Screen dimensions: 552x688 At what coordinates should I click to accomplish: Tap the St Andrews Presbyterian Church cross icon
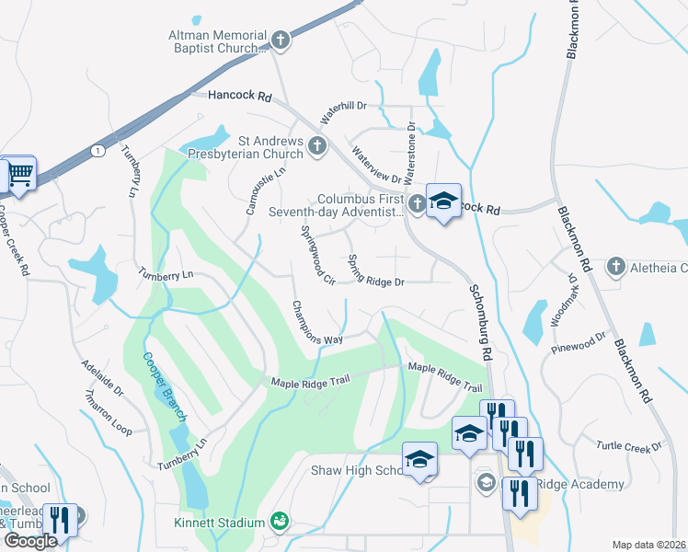[317, 145]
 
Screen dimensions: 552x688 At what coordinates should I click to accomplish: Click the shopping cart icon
[20, 174]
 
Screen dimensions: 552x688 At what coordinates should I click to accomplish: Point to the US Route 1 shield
[97, 149]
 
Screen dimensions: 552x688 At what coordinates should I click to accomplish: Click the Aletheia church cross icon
[615, 267]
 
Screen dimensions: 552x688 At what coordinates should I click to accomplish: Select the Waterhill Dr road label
[342, 113]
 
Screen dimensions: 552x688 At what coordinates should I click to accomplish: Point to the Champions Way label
[316, 323]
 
